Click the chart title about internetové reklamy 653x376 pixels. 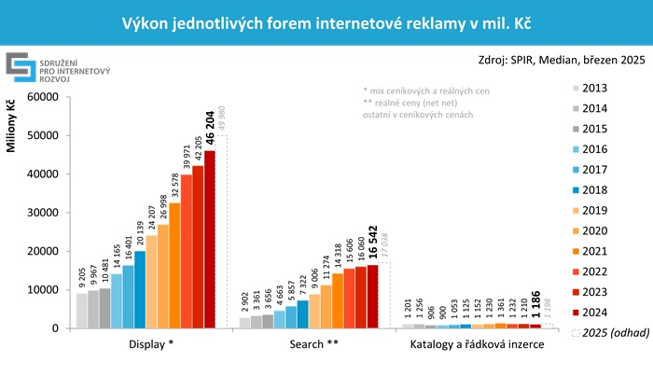click(x=326, y=21)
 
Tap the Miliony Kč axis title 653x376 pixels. click(x=12, y=131)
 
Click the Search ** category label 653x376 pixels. click(x=308, y=344)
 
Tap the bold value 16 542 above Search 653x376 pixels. click(x=373, y=244)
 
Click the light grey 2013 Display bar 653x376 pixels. click(x=81, y=311)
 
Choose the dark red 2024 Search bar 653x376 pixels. click(x=373, y=297)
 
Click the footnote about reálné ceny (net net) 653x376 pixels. click(x=416, y=103)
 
